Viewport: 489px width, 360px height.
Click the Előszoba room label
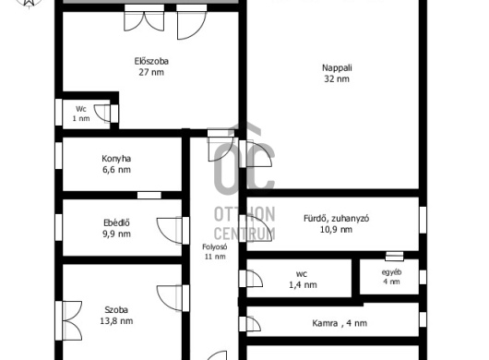(x=151, y=61)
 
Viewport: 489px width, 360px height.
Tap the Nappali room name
(x=337, y=68)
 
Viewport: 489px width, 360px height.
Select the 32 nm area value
(x=337, y=79)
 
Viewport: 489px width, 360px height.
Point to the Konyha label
(x=116, y=159)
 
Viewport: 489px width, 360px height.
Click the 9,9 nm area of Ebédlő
(x=116, y=234)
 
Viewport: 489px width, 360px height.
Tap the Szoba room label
(x=116, y=310)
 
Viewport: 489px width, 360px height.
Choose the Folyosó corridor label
(x=215, y=247)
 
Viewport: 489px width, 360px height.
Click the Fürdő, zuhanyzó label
(x=337, y=219)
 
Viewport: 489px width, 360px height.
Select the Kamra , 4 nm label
(x=340, y=323)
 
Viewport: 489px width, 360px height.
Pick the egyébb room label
(x=392, y=272)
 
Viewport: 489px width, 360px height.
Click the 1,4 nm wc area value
(x=303, y=285)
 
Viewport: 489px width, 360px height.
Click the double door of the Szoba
(x=69, y=320)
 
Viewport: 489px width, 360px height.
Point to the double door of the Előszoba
(x=144, y=18)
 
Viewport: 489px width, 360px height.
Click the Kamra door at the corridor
(x=250, y=323)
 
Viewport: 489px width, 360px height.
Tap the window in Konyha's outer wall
(x=59, y=155)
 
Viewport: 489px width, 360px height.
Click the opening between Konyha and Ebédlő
(x=149, y=196)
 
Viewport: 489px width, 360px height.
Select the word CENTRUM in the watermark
(x=244, y=234)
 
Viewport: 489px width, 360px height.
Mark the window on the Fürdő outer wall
(x=423, y=220)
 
